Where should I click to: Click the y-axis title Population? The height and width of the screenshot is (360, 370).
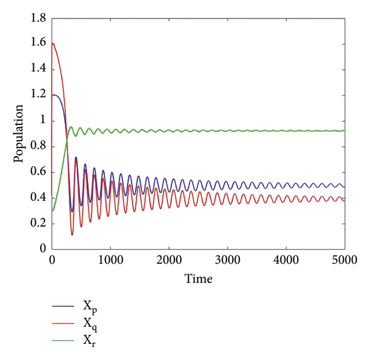pos(19,134)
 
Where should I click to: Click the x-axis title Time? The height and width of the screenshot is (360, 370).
pos(199,279)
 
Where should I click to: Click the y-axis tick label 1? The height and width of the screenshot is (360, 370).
pos(44,121)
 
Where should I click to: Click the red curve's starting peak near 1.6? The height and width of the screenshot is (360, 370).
pos(53,43)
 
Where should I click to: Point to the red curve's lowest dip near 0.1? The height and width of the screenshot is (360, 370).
pos(72,235)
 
